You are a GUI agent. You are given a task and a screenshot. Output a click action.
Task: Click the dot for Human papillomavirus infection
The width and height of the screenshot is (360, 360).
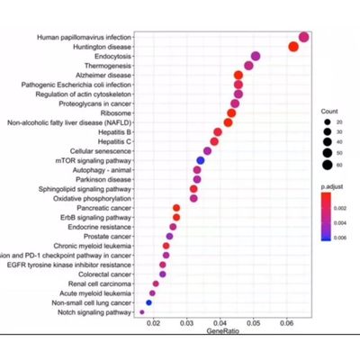(x=303, y=37)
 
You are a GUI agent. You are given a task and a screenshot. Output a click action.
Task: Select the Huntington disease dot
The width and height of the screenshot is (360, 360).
(x=292, y=47)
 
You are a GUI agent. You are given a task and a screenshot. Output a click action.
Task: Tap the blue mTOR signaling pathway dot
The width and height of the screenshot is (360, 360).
(x=200, y=160)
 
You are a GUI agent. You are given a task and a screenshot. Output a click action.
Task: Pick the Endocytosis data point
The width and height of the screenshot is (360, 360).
(x=256, y=57)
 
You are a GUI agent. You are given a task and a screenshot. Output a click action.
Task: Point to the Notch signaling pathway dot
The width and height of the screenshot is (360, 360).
(x=141, y=312)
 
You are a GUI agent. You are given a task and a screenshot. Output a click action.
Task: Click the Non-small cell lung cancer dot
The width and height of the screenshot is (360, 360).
(x=148, y=303)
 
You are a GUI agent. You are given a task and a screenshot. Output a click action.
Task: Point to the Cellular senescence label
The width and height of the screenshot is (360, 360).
(x=101, y=150)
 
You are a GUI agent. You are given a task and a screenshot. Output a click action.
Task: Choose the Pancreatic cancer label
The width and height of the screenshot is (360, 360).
(x=103, y=207)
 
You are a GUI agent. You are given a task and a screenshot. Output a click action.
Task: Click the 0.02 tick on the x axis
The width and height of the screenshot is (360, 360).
(x=152, y=323)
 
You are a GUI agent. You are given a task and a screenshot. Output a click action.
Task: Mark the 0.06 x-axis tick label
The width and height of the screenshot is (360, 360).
(x=287, y=323)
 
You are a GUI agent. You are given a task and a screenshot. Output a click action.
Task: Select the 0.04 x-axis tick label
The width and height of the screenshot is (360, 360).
(x=220, y=323)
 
